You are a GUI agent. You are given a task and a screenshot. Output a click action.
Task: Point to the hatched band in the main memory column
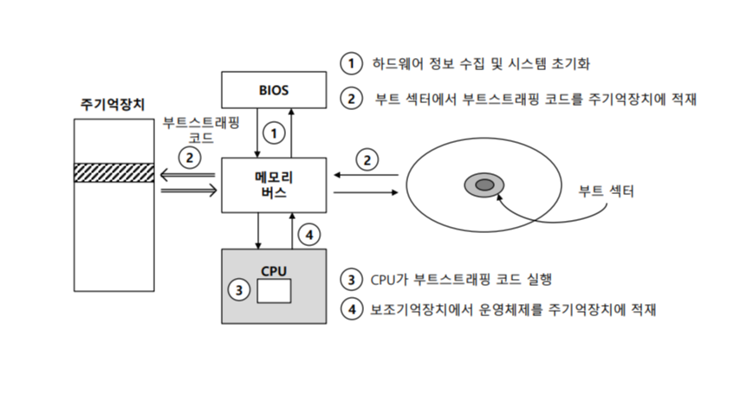(113, 172)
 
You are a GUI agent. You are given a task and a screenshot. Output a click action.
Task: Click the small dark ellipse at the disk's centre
(484, 185)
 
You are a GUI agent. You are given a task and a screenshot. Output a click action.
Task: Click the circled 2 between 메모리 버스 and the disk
(368, 159)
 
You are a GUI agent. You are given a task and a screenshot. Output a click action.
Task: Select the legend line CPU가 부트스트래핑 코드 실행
(460, 279)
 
